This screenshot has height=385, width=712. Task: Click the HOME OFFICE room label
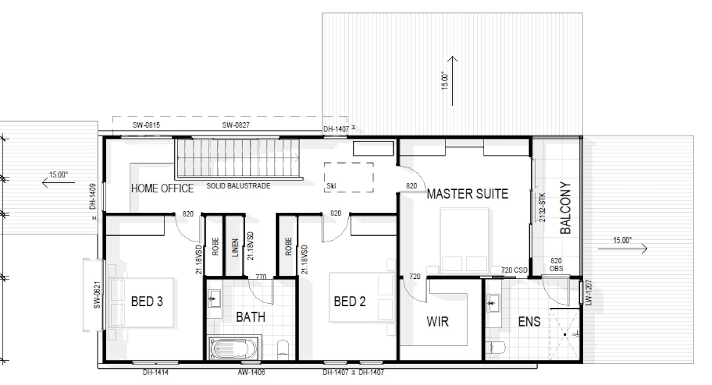162,188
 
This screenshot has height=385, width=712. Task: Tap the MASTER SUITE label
467,194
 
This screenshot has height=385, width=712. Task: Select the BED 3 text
147,301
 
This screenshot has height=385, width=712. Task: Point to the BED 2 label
350,301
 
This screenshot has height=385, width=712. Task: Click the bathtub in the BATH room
233,348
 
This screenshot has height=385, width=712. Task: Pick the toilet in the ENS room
495,347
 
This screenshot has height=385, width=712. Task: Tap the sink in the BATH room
214,298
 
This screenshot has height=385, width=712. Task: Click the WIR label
438,322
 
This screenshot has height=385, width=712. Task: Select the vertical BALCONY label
566,208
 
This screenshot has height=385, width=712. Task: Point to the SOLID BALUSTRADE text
239,186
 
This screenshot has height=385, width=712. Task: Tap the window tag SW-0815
146,125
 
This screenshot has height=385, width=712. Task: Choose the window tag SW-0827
236,125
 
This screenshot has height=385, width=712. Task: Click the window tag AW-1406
251,372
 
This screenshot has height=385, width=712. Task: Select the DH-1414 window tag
156,372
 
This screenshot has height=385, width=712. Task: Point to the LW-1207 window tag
588,293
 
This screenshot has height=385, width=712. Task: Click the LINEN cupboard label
235,247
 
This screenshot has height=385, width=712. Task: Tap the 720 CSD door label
514,270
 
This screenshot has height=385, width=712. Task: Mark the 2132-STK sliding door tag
542,207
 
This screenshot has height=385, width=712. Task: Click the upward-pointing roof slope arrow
452,81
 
